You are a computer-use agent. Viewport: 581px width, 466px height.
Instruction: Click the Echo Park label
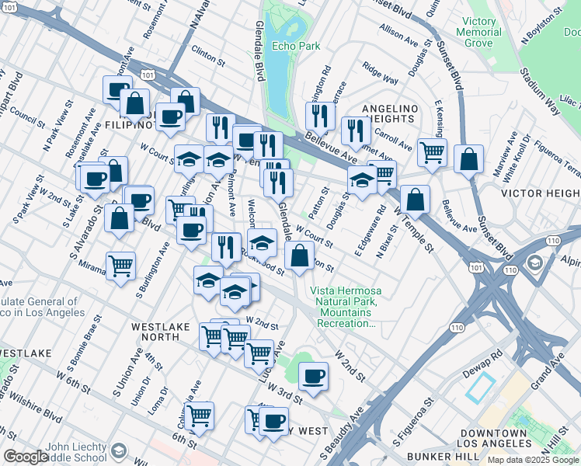pos(296,47)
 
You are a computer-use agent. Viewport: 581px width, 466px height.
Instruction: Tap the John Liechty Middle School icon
pos(119,451)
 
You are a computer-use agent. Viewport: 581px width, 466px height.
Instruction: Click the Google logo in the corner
pos(26,457)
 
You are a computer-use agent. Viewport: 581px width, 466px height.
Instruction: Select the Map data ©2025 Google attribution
pos(533,460)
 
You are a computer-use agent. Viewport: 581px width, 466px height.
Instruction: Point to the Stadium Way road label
pos(541,83)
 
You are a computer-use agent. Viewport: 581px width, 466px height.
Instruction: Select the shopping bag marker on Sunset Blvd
pos(469,159)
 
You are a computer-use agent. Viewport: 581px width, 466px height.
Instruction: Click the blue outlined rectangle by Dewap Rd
pos(479,386)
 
